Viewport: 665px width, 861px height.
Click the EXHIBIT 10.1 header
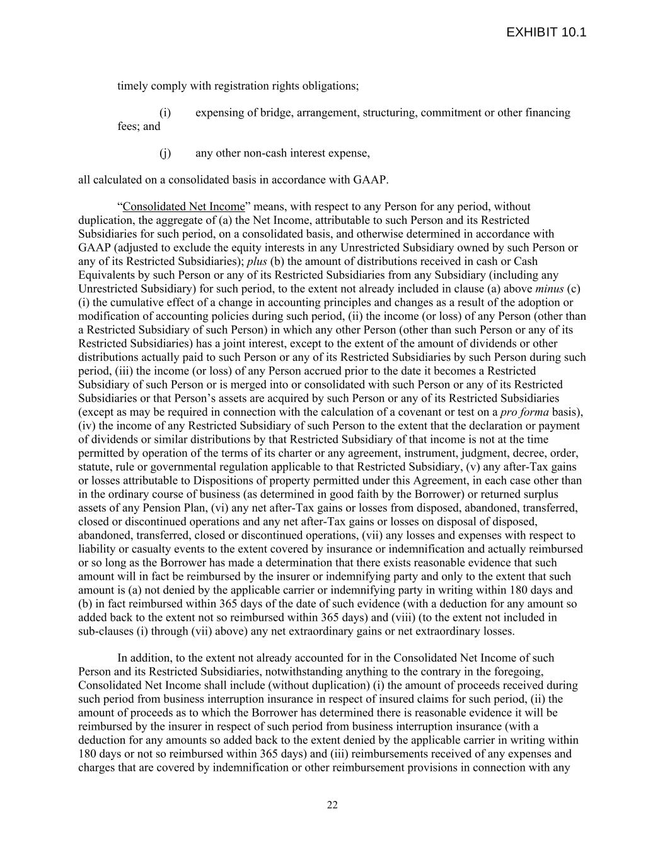click(x=546, y=32)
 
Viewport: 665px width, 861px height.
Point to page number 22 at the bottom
click(x=332, y=804)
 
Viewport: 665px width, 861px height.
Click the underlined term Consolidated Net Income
click(x=183, y=207)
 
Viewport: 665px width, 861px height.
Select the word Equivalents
click(x=104, y=275)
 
